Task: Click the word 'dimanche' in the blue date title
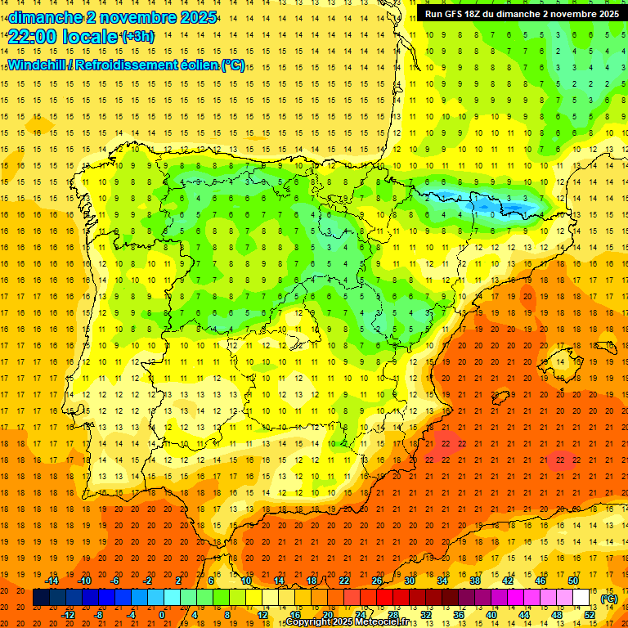click(x=44, y=17)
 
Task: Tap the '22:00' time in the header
click(x=30, y=37)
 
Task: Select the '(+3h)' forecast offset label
click(x=136, y=37)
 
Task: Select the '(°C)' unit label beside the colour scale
click(x=608, y=599)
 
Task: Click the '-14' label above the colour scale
click(x=52, y=581)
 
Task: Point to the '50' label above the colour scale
click(x=573, y=581)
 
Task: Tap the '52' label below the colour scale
click(x=590, y=615)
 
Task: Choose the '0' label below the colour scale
click(x=162, y=615)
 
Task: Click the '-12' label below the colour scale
click(x=69, y=615)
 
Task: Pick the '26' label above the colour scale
click(x=377, y=581)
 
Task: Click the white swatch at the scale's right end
click(x=581, y=598)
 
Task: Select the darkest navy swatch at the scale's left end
click(x=42, y=598)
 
